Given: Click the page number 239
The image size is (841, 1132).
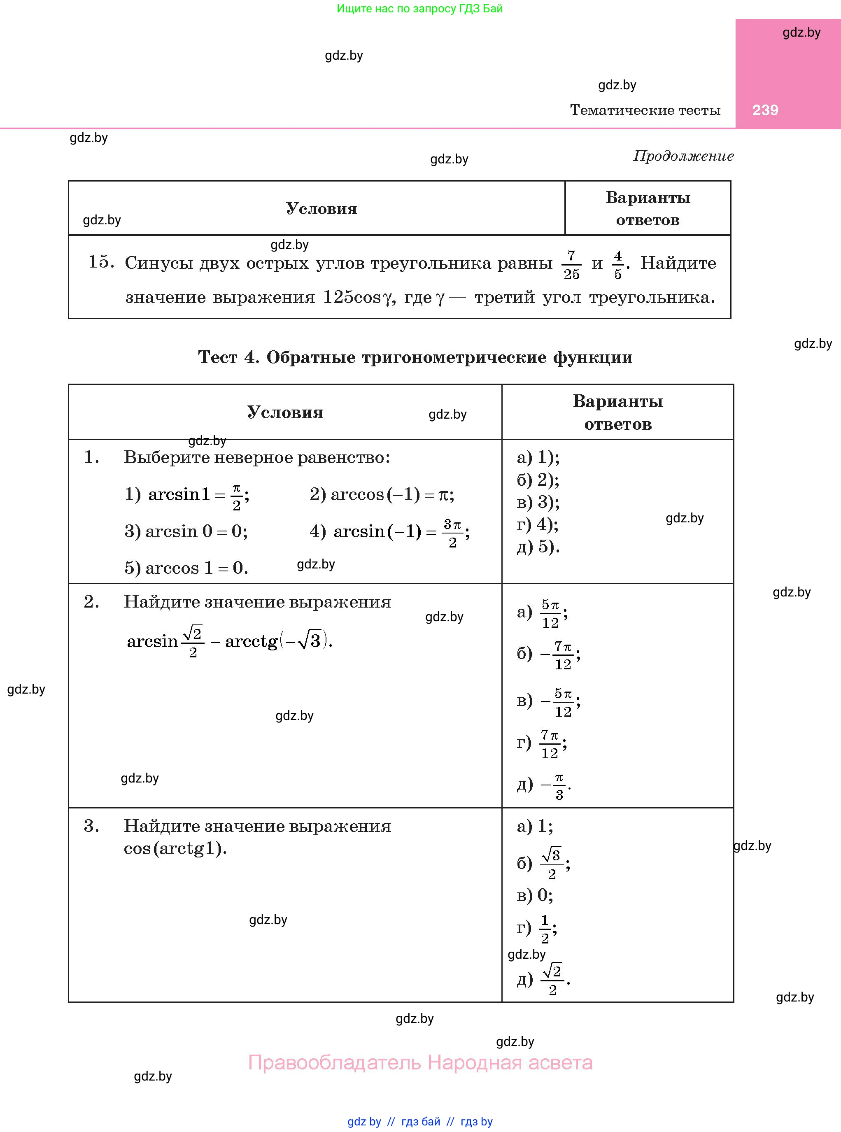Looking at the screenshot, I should click(765, 110).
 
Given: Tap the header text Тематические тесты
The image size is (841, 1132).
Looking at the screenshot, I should click(645, 110).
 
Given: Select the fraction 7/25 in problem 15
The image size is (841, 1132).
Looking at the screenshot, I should click(571, 265).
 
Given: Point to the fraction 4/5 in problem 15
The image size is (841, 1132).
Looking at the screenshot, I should click(617, 265).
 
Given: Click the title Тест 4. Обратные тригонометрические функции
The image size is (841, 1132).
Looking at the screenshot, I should click(415, 357).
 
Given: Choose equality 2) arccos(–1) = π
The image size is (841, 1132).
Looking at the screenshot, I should click(382, 494).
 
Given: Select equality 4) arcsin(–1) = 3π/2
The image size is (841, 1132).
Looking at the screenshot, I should click(389, 532).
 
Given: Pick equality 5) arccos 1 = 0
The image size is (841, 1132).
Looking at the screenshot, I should click(186, 568).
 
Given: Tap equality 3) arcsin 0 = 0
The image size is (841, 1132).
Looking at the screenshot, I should click(186, 531).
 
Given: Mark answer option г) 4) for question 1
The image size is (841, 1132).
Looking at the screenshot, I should click(538, 524).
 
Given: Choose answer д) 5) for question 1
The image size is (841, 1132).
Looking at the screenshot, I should click(538, 547).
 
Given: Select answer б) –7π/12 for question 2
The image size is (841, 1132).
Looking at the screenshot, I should click(548, 655).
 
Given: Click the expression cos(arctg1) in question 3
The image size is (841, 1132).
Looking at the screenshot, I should click(175, 848).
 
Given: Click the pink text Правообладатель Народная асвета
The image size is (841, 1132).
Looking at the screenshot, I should click(420, 1062).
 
